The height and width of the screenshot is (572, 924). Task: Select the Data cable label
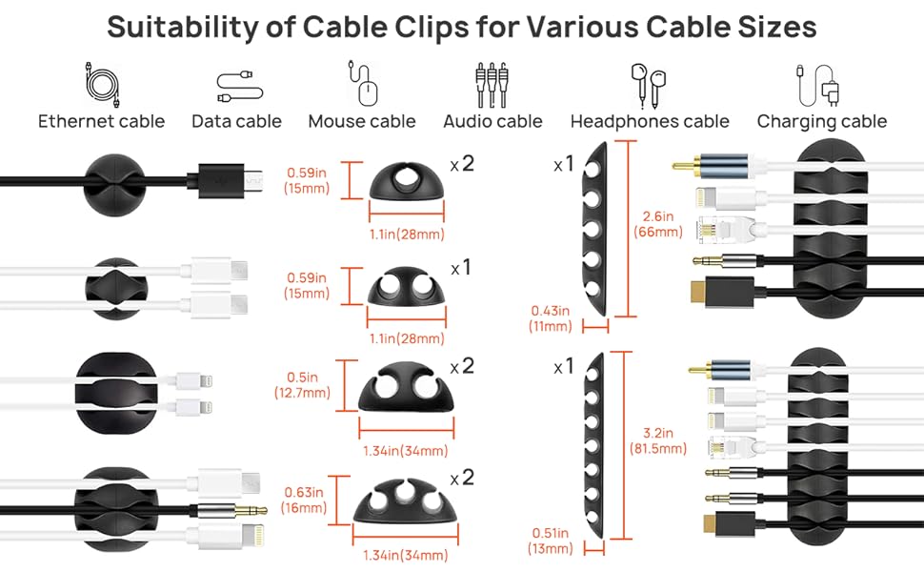236,121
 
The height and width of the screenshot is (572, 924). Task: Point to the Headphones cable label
650,121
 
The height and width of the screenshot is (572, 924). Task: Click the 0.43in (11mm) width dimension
551,318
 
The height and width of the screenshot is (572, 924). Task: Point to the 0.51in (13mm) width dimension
551,541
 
